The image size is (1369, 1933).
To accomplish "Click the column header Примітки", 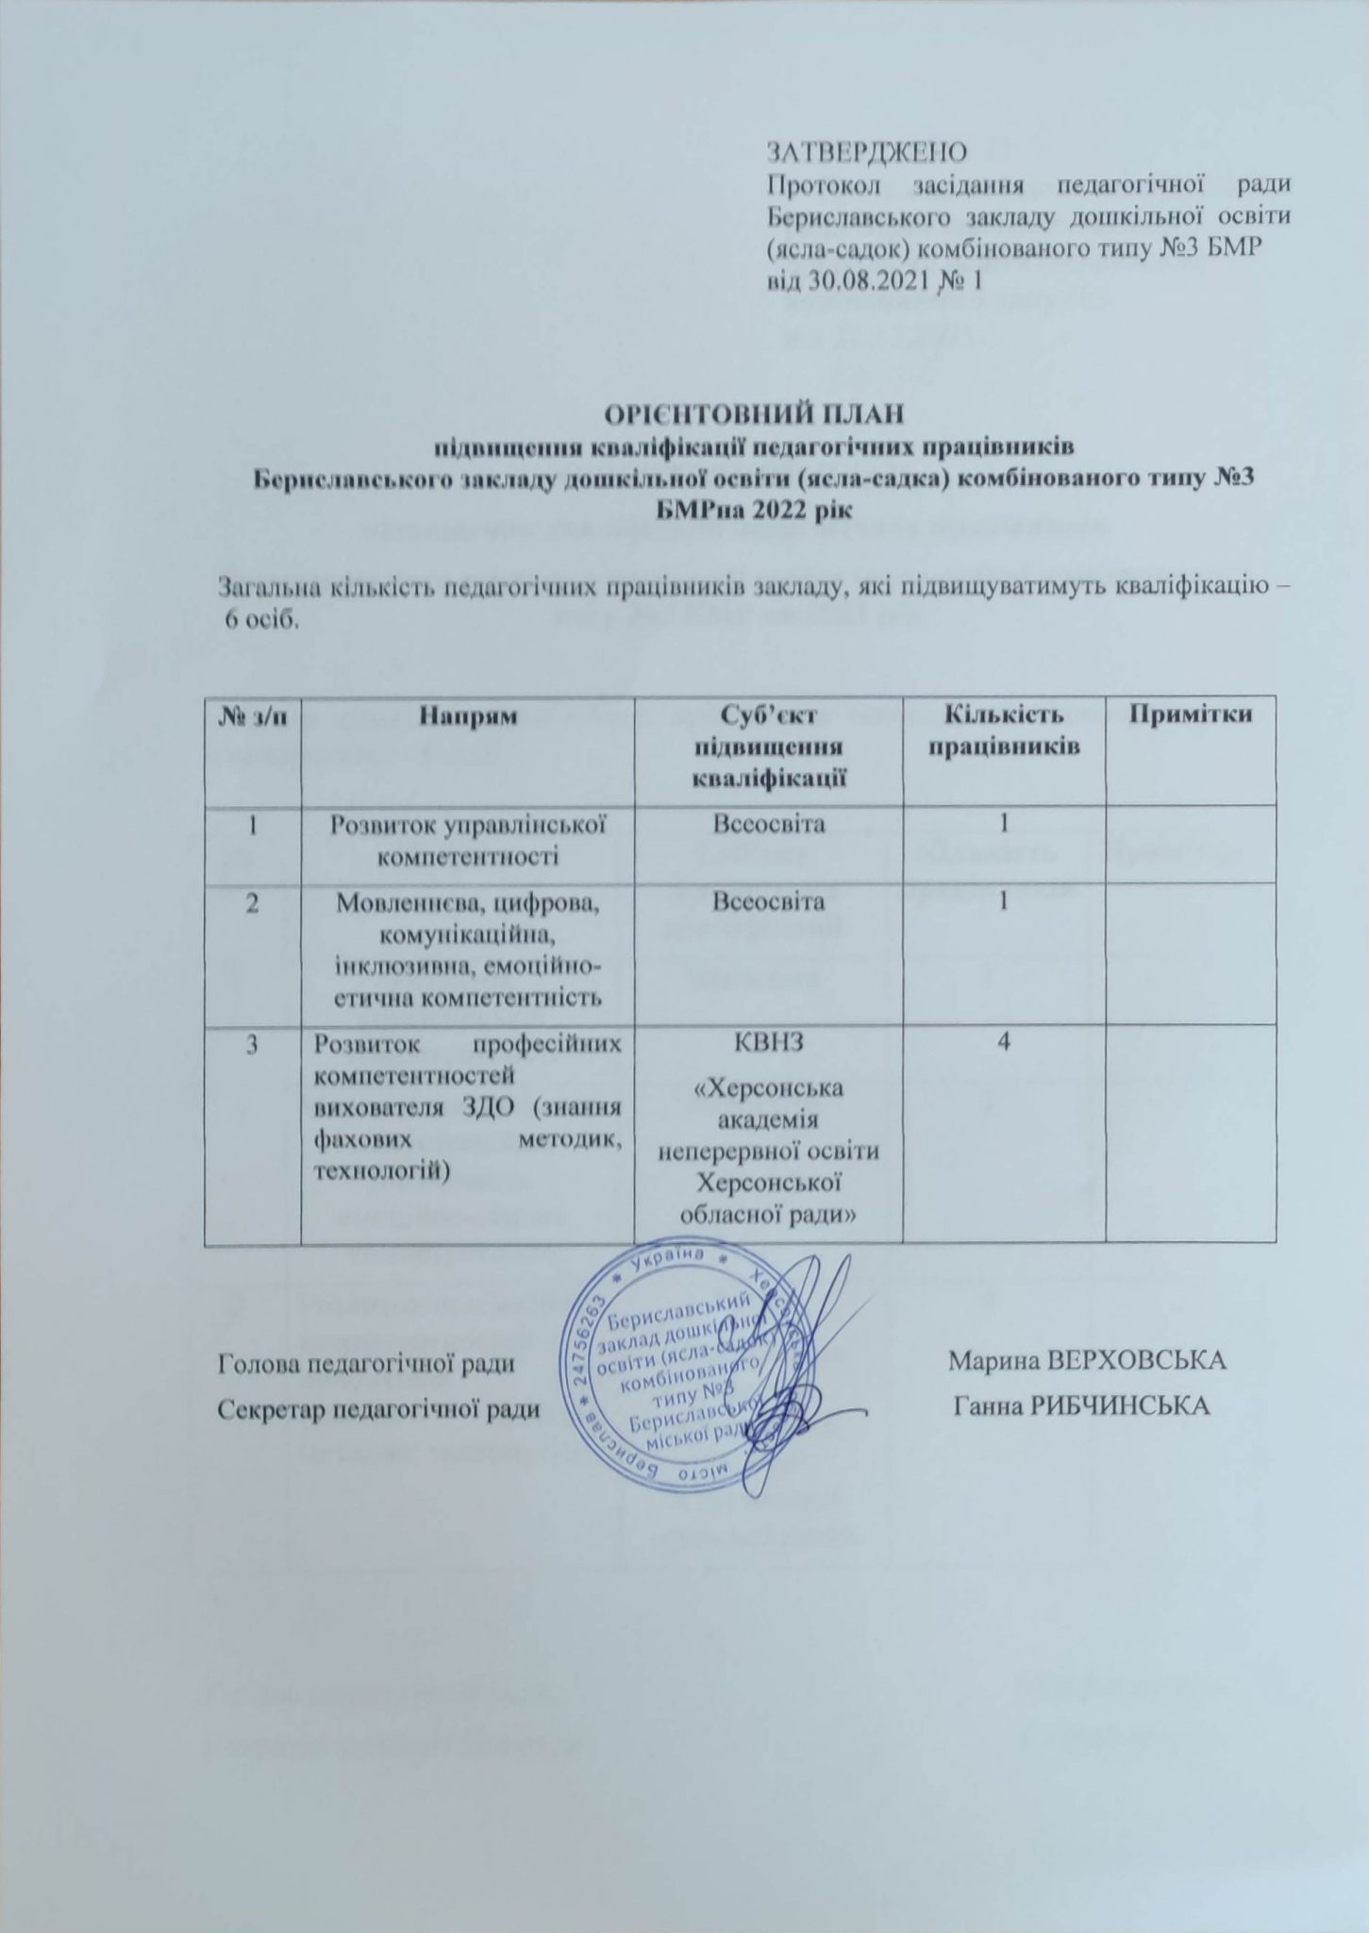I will tap(1192, 714).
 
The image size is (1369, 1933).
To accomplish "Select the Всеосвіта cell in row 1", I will tap(769, 825).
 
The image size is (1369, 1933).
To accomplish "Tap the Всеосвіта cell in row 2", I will tap(769, 902).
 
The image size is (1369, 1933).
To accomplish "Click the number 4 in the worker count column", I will tap(1004, 1043).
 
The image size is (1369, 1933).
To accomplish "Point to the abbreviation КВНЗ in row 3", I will tap(769, 1043).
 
